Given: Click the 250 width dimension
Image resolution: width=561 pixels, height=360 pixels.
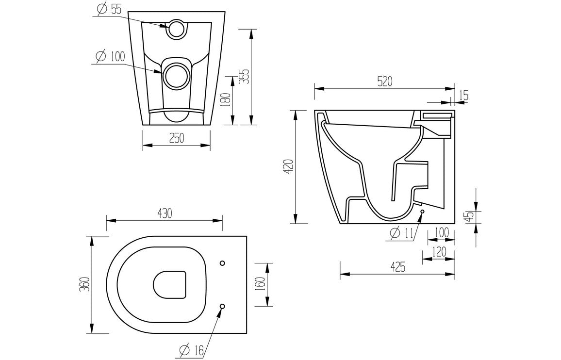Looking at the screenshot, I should point(176,138).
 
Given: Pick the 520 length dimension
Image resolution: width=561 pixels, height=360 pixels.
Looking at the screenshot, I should point(384,82).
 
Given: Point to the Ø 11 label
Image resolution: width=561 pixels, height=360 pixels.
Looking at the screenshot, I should point(401,233).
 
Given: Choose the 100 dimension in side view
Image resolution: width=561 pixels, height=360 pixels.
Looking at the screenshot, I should point(441,232).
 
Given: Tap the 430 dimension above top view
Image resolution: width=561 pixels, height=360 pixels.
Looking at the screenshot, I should point(164,213).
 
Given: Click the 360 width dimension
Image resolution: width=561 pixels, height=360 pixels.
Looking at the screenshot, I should point(85,285).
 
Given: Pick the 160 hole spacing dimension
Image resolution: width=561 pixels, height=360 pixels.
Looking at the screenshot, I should point(260,285).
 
